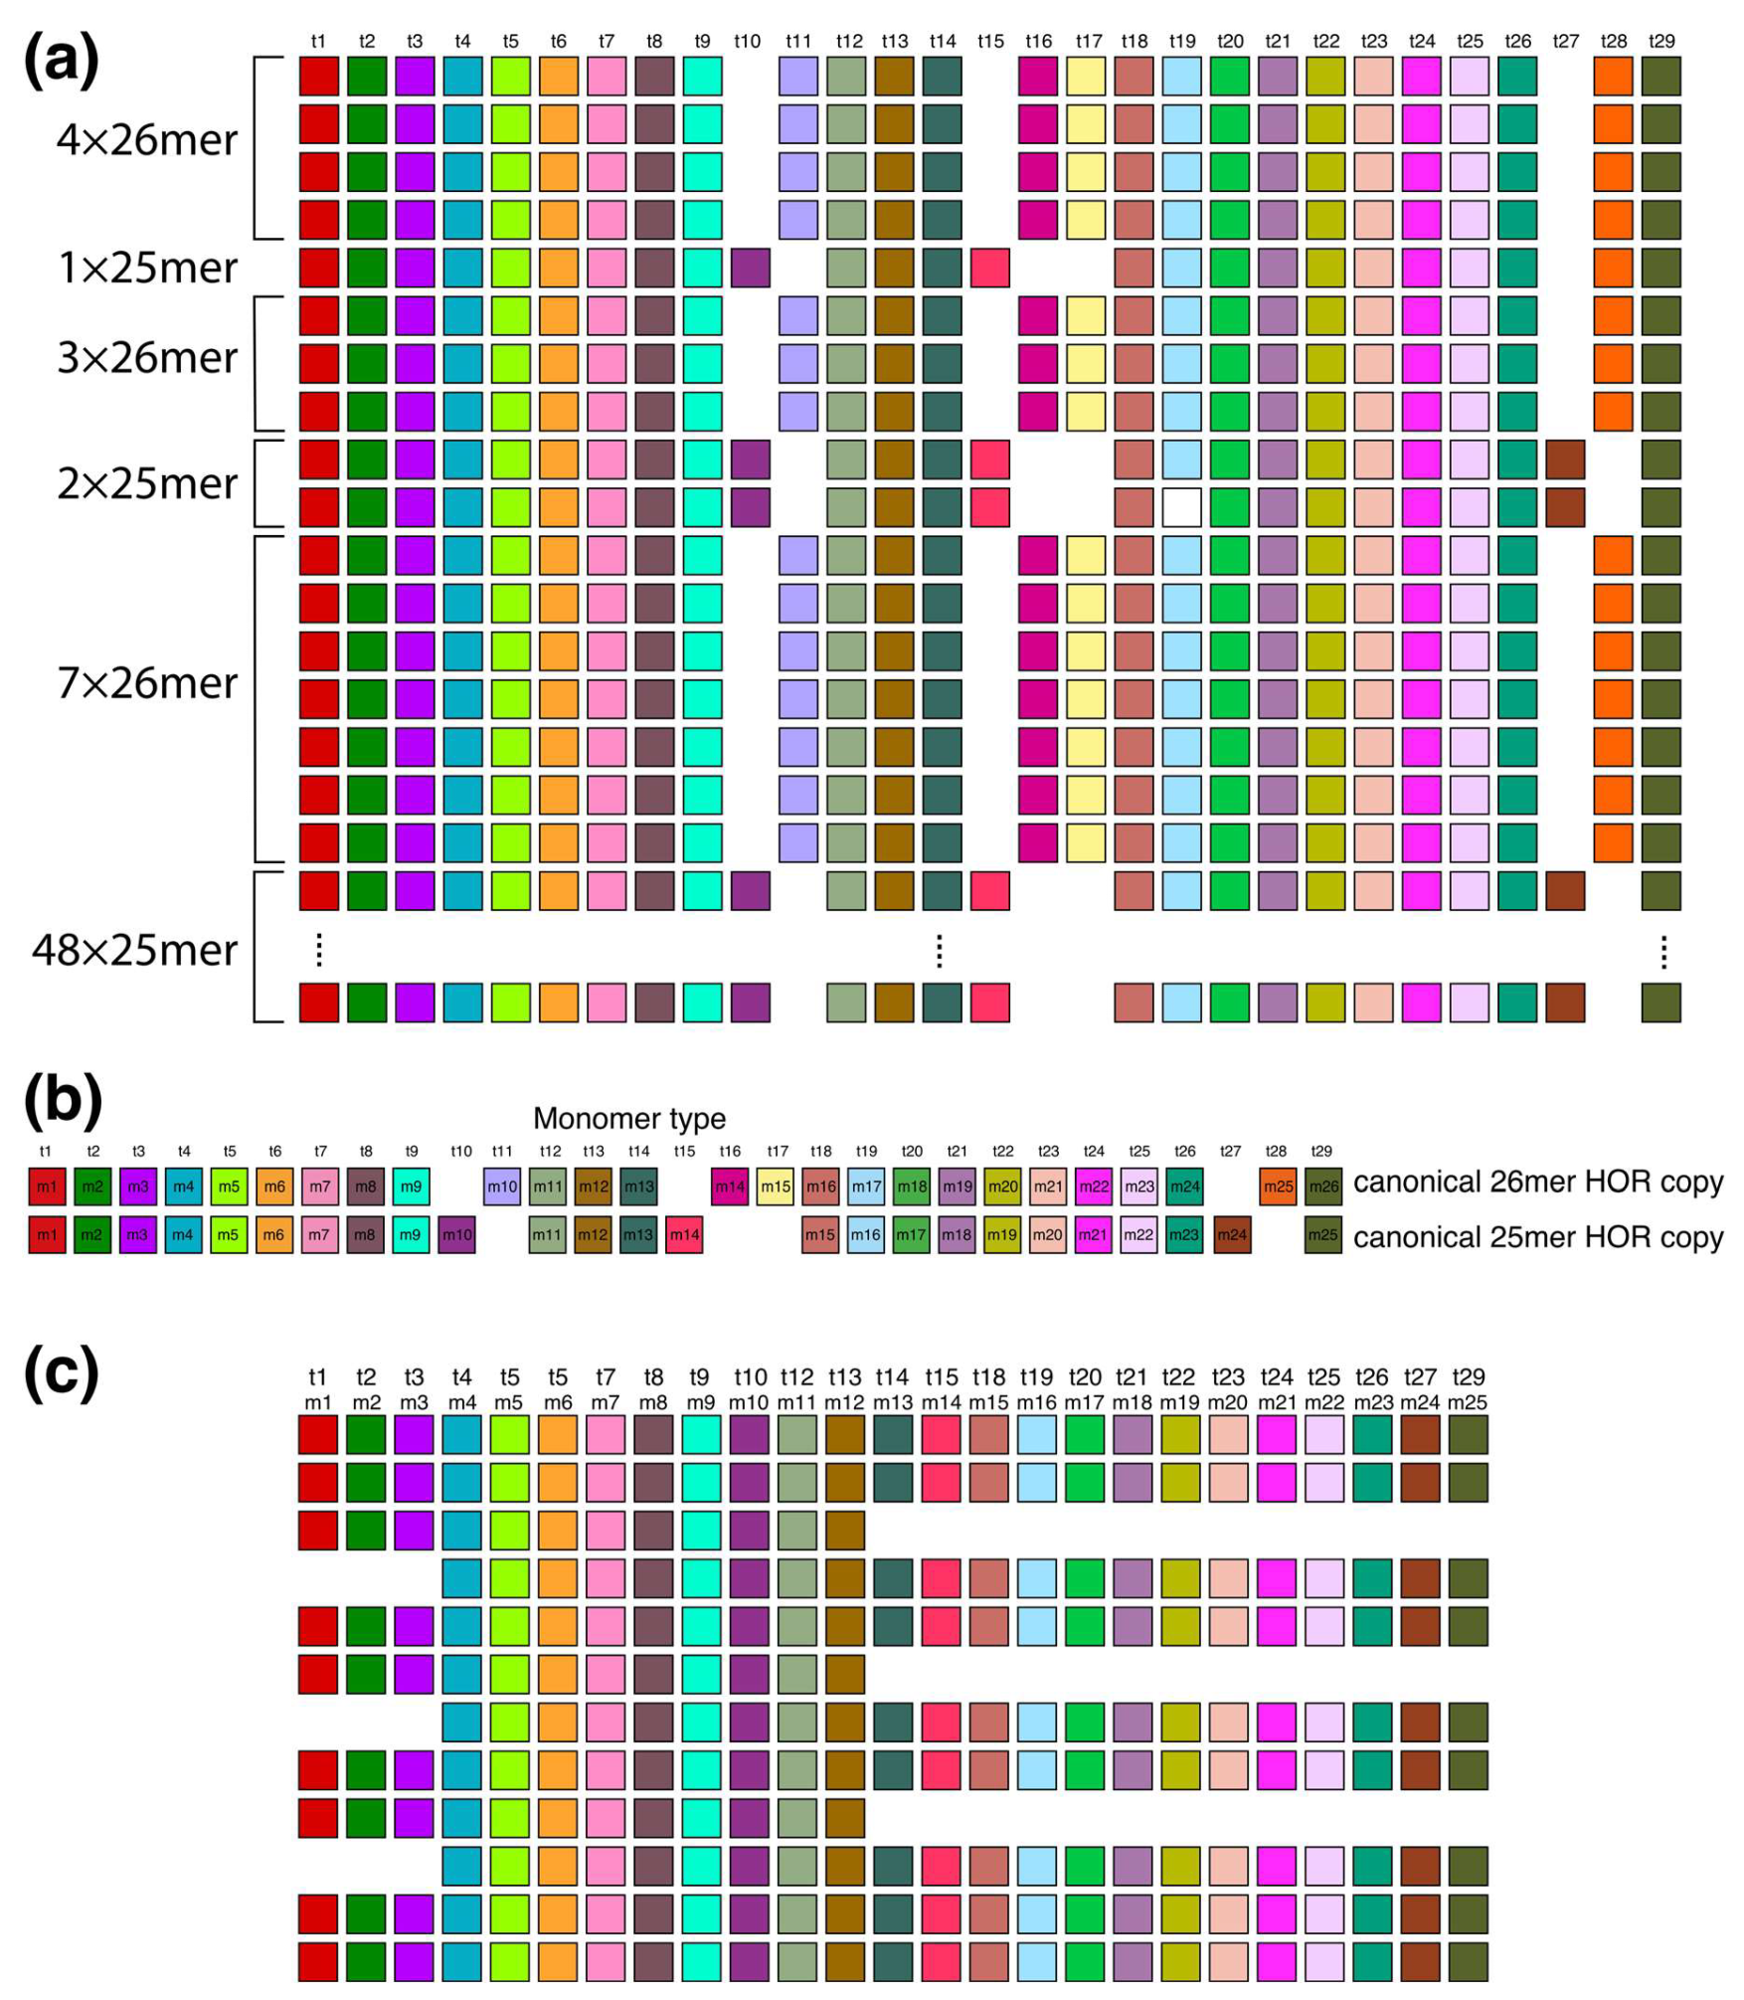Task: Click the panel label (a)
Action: (62, 60)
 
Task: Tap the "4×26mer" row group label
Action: (147, 140)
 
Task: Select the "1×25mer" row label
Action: (147, 268)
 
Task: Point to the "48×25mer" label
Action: (135, 950)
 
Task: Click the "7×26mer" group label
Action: (147, 682)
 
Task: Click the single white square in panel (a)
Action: (1181, 507)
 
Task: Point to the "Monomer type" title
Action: (629, 1118)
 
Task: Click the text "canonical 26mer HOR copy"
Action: (1537, 1182)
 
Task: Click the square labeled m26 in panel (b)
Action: (1323, 1186)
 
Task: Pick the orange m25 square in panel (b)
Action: (1278, 1186)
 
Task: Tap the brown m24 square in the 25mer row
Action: (1232, 1235)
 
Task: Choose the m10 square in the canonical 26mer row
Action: (502, 1186)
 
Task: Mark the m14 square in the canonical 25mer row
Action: (684, 1235)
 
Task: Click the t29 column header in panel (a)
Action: (1661, 41)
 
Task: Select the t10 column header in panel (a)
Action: (747, 41)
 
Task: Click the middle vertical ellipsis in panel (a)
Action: (940, 951)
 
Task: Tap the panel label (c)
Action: (62, 1372)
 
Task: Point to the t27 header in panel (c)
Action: (1420, 1377)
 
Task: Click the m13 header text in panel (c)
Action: (893, 1402)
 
